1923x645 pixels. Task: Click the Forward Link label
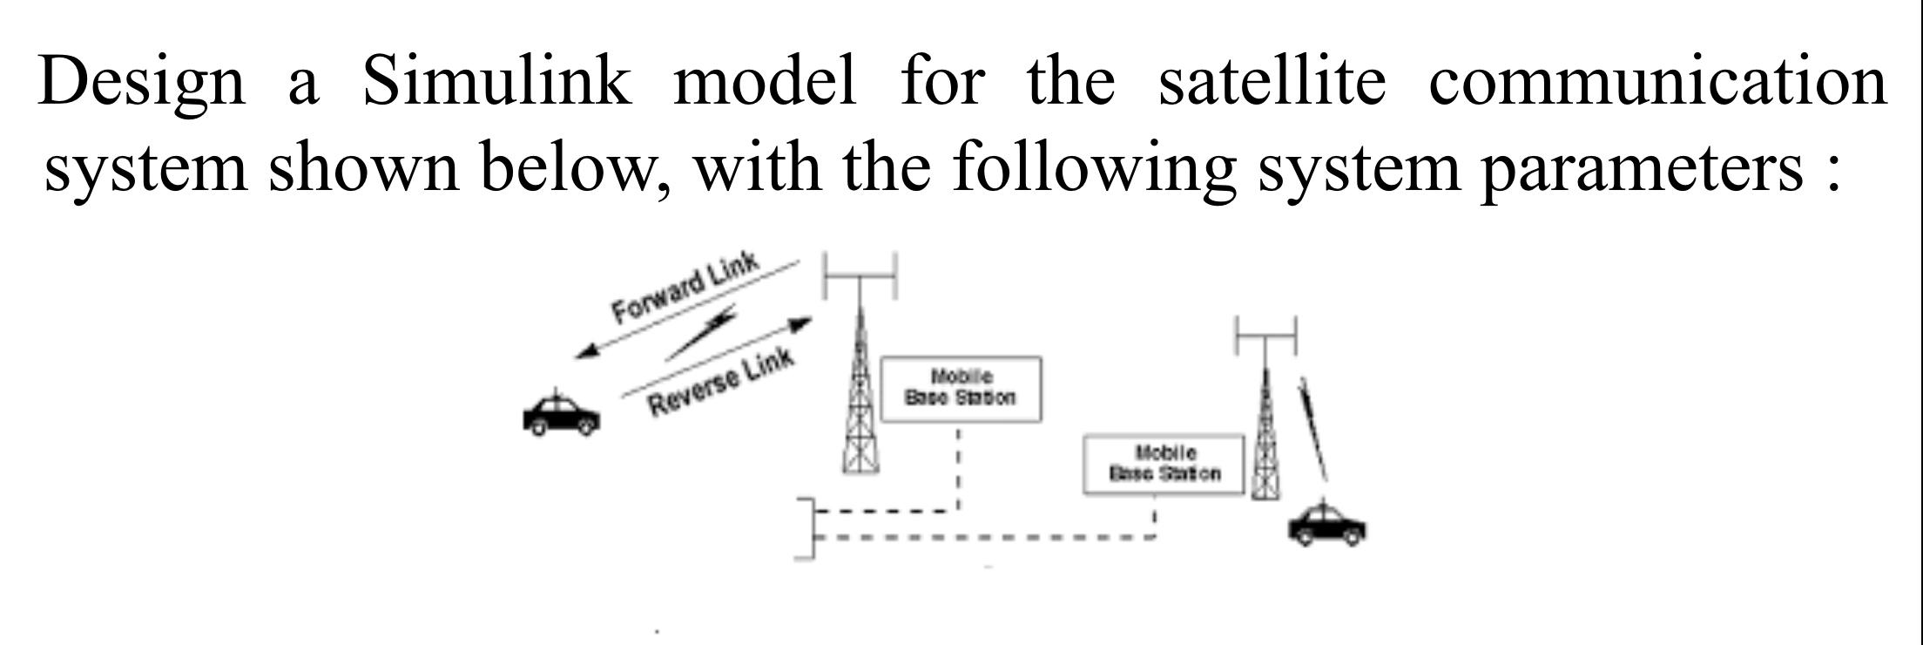pyautogui.click(x=685, y=286)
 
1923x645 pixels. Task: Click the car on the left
pyautogui.click(x=561, y=415)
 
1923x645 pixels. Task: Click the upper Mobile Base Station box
pyautogui.click(x=961, y=389)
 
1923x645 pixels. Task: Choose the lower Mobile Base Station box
pyautogui.click(x=1164, y=464)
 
